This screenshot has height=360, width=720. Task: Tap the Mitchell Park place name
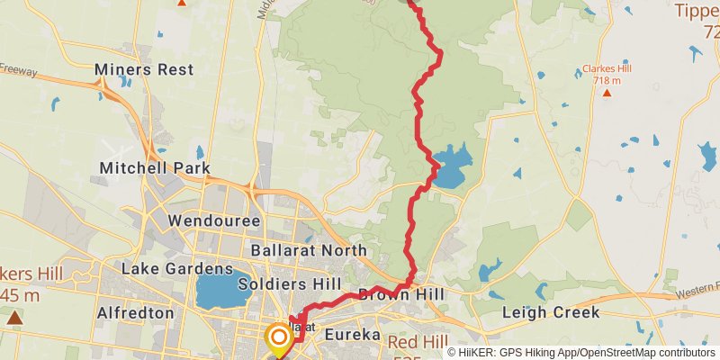click(155, 168)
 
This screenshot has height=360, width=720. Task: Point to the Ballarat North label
click(309, 250)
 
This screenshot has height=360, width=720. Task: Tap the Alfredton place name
click(136, 313)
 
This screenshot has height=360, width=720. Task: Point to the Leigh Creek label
click(550, 313)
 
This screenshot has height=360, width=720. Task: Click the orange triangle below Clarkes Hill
click(607, 92)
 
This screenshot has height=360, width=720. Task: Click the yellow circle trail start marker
click(278, 338)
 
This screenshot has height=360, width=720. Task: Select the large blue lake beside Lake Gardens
click(216, 291)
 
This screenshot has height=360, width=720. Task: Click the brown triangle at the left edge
click(13, 317)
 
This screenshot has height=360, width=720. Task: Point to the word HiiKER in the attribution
click(480, 352)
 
